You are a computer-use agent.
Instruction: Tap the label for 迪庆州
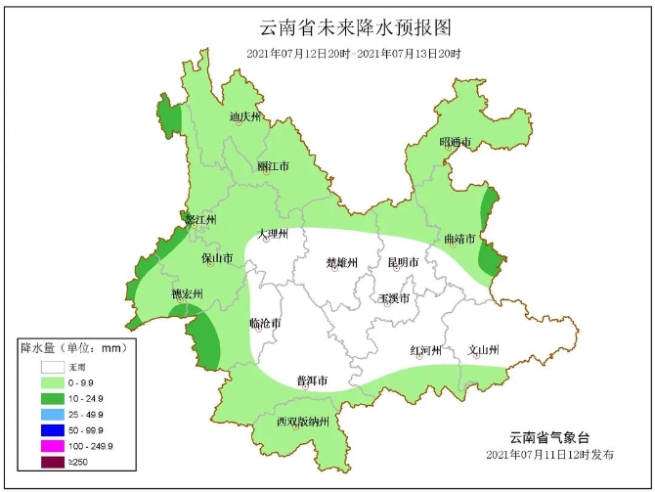click(246, 117)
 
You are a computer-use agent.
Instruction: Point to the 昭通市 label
click(455, 143)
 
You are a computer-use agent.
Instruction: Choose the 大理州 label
click(274, 235)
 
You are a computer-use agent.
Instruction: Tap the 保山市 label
click(217, 259)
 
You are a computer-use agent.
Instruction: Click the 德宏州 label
click(187, 293)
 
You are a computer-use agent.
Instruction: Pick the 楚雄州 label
click(342, 262)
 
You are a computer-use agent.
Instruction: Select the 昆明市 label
click(402, 262)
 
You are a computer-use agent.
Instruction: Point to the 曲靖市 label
click(458, 240)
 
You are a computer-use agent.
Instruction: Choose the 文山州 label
click(483, 350)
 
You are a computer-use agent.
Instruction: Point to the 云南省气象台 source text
click(549, 437)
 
